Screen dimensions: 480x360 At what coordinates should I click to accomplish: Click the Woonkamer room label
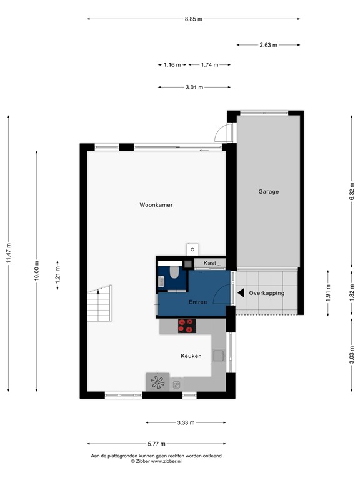pyautogui.click(x=156, y=205)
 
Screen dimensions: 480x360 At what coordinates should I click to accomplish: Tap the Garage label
pyautogui.click(x=268, y=192)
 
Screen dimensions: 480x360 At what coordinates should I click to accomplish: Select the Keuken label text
pyautogui.click(x=191, y=356)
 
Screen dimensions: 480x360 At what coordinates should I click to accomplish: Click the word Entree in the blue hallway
pyautogui.click(x=197, y=302)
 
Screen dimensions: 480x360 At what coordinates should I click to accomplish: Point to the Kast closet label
pyautogui.click(x=210, y=263)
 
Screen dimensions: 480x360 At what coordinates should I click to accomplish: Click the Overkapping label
pyautogui.click(x=266, y=293)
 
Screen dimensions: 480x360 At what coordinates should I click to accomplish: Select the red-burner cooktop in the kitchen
pyautogui.click(x=186, y=325)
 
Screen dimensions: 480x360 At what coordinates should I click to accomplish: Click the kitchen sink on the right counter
pyautogui.click(x=219, y=356)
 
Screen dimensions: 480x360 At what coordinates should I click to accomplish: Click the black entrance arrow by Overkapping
pyautogui.click(x=241, y=292)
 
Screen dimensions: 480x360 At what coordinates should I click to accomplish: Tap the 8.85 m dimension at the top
pyautogui.click(x=193, y=19)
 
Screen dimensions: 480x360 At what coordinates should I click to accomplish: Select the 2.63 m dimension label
pyautogui.click(x=268, y=45)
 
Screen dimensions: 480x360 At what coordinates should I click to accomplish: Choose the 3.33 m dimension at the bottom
pyautogui.click(x=186, y=423)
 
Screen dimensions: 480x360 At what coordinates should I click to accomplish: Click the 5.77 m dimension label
pyautogui.click(x=156, y=444)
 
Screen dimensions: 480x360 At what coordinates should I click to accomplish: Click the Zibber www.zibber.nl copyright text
pyautogui.click(x=156, y=461)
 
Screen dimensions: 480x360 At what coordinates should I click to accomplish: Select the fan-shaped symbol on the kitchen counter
pyautogui.click(x=157, y=381)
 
